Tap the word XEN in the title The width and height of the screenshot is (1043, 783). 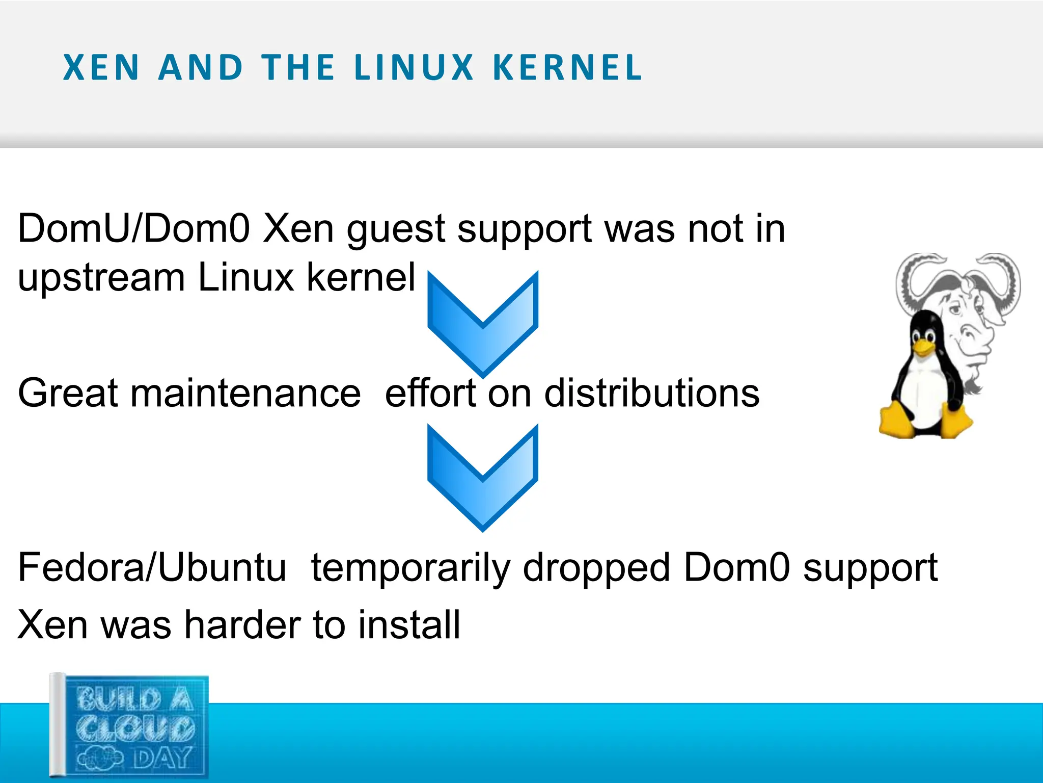[101, 68]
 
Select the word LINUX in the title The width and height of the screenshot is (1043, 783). [414, 68]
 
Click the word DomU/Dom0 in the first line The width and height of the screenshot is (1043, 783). [133, 229]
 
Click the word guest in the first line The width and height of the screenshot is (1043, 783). [396, 230]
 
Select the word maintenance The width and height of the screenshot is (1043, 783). [245, 393]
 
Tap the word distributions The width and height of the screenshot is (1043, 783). [651, 393]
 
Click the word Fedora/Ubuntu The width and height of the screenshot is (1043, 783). [152, 567]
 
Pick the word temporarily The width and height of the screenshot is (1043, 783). [410, 569]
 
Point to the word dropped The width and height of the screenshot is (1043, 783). [596, 569]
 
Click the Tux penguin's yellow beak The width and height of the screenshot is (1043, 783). [923, 347]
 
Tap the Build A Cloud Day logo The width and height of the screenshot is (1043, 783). [130, 726]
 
